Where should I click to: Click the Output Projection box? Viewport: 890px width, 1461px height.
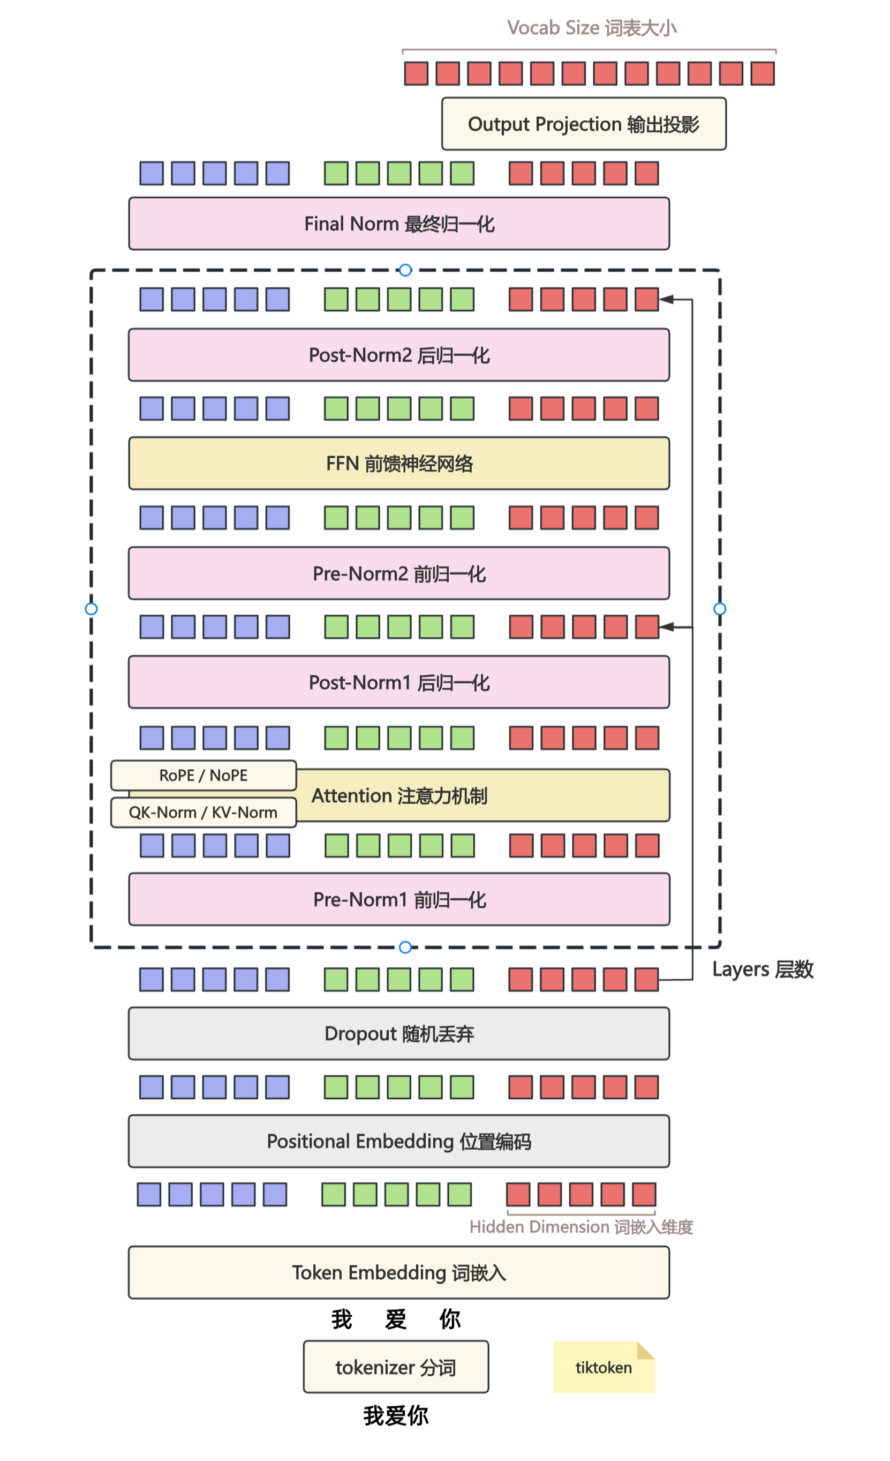coord(584,124)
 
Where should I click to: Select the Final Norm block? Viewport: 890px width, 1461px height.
coord(399,223)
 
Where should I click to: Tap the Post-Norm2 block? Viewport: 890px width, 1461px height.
coord(399,355)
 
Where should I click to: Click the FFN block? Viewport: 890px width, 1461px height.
coord(399,464)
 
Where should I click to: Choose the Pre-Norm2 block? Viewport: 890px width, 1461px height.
coord(399,573)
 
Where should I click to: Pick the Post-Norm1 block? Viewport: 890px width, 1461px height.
coord(399,682)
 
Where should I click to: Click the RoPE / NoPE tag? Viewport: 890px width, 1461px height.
coord(203,775)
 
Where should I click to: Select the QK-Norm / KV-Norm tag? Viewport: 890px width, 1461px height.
coord(203,813)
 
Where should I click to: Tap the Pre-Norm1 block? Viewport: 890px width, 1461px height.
coord(399,899)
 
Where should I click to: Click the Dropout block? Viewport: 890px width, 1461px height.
coord(399,1033)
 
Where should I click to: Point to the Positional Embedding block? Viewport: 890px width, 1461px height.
coord(399,1142)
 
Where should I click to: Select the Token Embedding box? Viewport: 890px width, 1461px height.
coord(399,1272)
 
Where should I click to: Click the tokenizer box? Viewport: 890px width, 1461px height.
coord(396,1367)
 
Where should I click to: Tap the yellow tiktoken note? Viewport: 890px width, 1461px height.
coord(604,1367)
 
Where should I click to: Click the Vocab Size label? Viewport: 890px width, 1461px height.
coord(591,28)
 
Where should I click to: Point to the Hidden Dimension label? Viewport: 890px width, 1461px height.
coord(580,1226)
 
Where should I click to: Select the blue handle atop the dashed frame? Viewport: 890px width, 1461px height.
coord(405,270)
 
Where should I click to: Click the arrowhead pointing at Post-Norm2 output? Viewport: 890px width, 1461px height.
coord(666,300)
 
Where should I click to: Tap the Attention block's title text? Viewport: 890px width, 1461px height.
coord(399,796)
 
